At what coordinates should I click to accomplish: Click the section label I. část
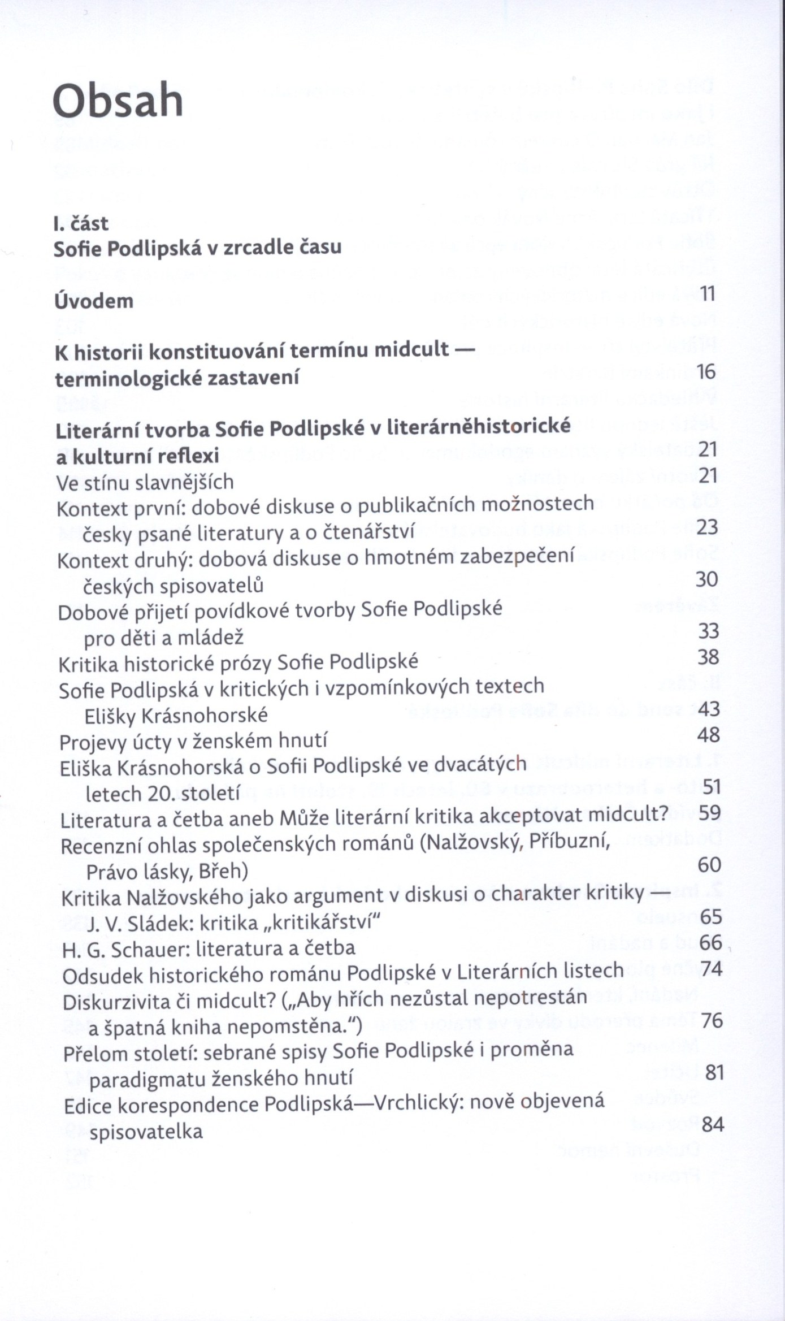tap(80, 224)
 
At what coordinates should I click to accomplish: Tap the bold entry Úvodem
tap(94, 301)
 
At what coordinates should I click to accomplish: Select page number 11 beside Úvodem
tap(708, 294)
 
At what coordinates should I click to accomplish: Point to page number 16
tap(706, 372)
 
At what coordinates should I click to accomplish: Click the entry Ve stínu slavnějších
tap(145, 482)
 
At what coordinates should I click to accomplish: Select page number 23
tap(708, 527)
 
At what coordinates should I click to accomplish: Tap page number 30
tap(708, 579)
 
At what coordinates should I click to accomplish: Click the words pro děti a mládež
tap(164, 638)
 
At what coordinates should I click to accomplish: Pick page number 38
tap(709, 657)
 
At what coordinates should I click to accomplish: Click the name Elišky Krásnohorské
tap(176, 716)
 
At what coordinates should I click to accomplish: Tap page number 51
tap(709, 787)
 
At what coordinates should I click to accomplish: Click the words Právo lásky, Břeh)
tap(167, 872)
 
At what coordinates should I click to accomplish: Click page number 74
tap(712, 968)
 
